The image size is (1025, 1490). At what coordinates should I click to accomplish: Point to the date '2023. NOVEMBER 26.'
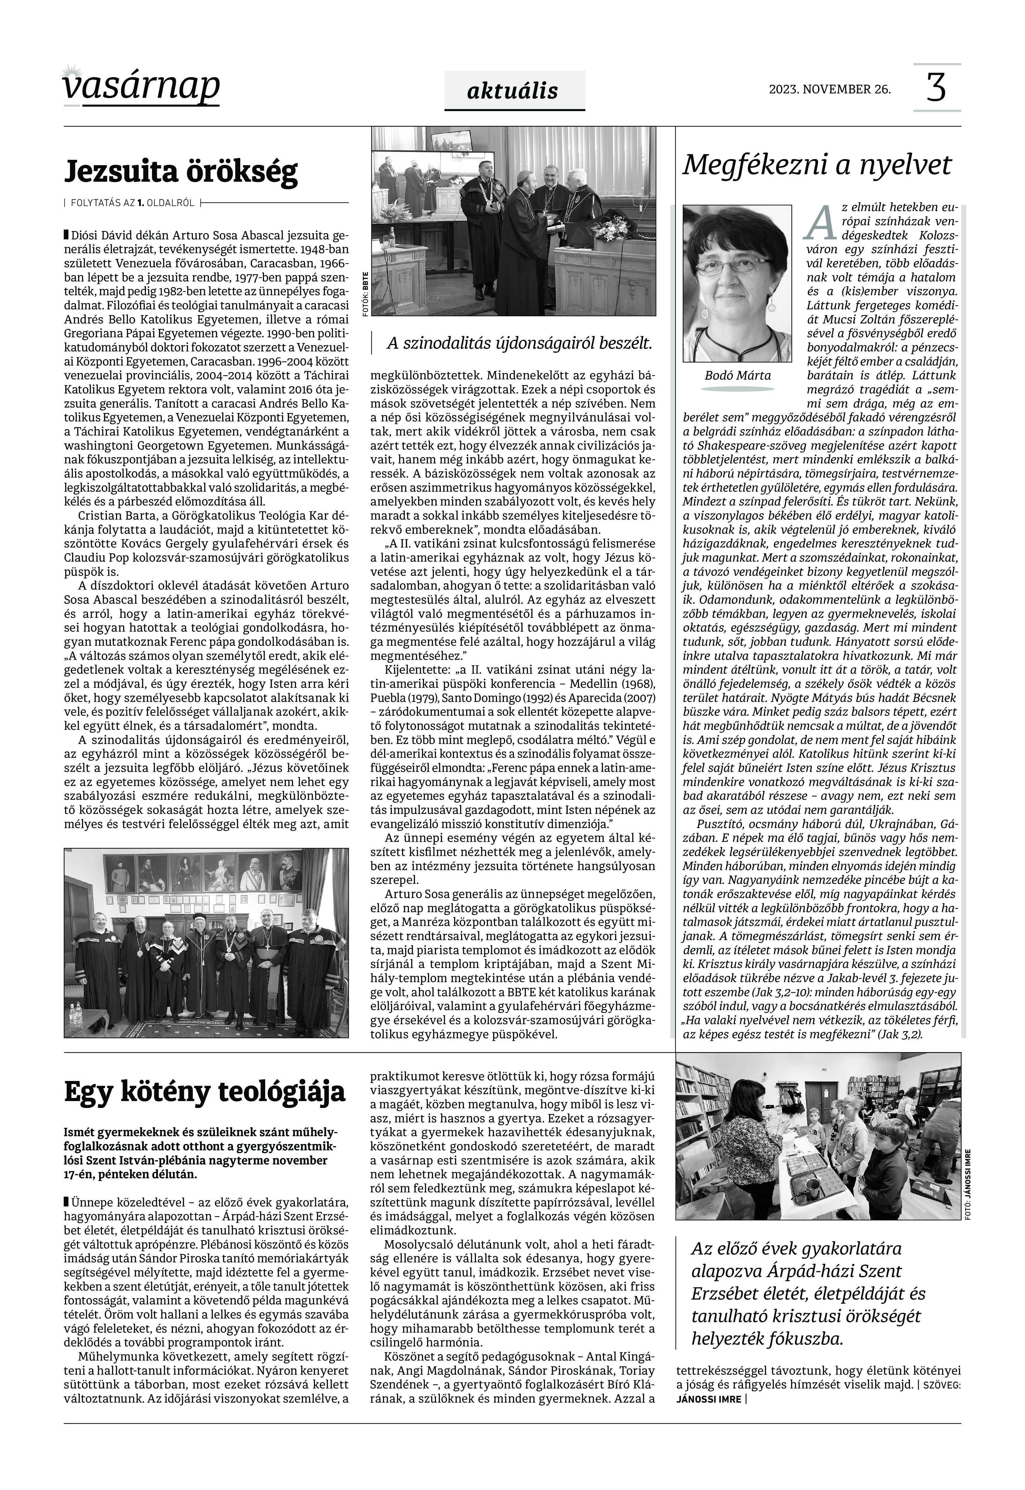(830, 89)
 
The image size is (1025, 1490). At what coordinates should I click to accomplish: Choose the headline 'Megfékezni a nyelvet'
(817, 165)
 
